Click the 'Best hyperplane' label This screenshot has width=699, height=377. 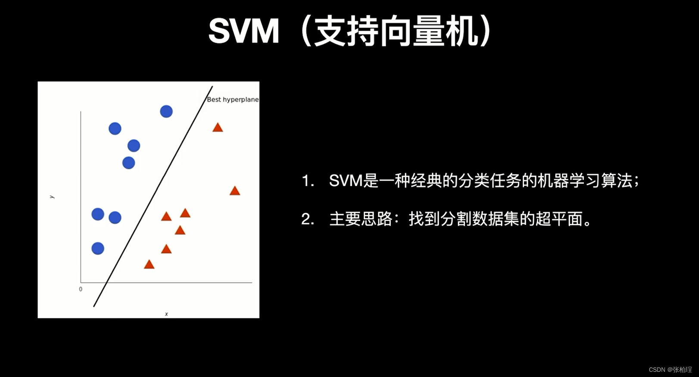pyautogui.click(x=233, y=100)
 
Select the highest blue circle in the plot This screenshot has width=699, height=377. pyautogui.click(x=166, y=112)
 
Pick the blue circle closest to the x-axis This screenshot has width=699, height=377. pyautogui.click(x=98, y=249)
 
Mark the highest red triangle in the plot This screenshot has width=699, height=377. pyautogui.click(x=218, y=128)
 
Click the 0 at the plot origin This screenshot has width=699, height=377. pyautogui.click(x=81, y=289)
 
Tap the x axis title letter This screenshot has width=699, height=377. pyautogui.click(x=166, y=314)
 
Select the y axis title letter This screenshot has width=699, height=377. pyautogui.click(x=52, y=197)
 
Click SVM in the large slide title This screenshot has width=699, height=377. pyautogui.click(x=244, y=31)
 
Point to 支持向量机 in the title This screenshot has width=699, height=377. pyautogui.click(x=396, y=31)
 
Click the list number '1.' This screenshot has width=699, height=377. pyautogui.click(x=308, y=181)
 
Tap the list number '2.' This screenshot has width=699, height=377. pyautogui.click(x=308, y=219)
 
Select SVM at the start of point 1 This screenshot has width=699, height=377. pyautogui.click(x=346, y=181)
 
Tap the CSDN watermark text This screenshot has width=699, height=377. pyautogui.click(x=670, y=370)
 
